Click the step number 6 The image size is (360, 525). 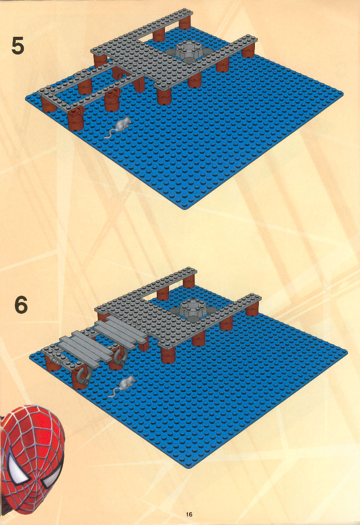[x=21, y=305]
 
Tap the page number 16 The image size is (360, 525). [x=189, y=514]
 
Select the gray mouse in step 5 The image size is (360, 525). [x=119, y=127]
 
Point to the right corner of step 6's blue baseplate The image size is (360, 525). [x=346, y=351]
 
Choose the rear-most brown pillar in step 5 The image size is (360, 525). [x=185, y=23]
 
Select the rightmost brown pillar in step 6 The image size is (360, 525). [x=252, y=309]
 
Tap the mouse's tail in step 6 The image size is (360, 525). [x=114, y=393]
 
